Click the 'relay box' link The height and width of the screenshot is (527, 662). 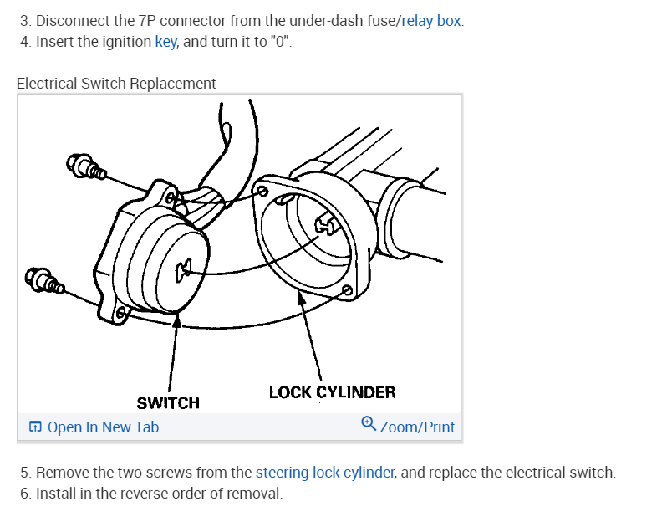(x=431, y=20)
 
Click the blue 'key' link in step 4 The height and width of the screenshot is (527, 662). (x=165, y=42)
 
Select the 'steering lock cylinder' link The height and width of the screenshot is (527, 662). (x=324, y=472)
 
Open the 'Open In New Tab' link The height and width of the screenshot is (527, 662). (x=103, y=427)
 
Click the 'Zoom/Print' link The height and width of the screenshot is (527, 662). (x=417, y=427)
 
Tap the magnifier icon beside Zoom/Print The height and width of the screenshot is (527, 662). (x=369, y=425)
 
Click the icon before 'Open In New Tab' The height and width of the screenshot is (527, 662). (x=35, y=427)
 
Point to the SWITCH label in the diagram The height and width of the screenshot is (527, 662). (x=168, y=403)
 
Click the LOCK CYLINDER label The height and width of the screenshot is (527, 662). (x=332, y=391)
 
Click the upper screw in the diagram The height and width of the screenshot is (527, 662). (x=87, y=168)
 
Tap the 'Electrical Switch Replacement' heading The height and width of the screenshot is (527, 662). (x=116, y=84)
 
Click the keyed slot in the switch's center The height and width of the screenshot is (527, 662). (x=185, y=268)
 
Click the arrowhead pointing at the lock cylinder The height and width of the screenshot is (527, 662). (x=299, y=294)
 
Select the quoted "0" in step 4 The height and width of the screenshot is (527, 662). (x=283, y=42)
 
